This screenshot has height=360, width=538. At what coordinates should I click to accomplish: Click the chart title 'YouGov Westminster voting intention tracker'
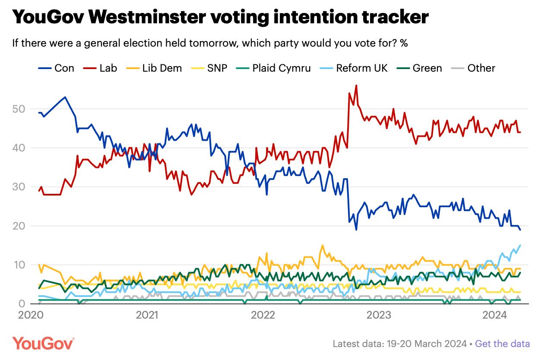[220, 17]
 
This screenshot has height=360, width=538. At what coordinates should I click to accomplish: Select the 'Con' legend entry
[56, 68]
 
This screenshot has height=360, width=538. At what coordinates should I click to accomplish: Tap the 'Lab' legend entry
[100, 68]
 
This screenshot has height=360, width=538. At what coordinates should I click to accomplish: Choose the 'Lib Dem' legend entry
[154, 68]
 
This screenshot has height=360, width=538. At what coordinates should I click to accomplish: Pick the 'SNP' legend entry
[209, 68]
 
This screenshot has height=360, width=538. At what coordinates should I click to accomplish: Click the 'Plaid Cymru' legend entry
[273, 68]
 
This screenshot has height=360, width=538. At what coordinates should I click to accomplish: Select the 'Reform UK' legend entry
[354, 68]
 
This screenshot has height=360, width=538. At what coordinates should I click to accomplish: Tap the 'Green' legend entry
[419, 68]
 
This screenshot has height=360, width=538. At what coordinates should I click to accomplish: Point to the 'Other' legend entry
[473, 68]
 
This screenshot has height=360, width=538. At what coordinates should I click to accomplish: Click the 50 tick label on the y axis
[19, 109]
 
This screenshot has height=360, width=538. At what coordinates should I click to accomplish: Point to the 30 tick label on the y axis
[19, 187]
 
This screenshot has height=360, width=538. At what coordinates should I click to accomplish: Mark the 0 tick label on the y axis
[22, 303]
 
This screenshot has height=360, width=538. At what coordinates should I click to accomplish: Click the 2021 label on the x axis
[147, 315]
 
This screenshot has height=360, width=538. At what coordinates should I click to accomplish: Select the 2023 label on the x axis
[379, 315]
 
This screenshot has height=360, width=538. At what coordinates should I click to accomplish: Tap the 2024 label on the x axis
[495, 315]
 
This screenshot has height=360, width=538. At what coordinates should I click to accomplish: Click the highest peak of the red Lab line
[356, 85]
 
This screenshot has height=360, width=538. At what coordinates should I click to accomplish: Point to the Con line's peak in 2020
[65, 97]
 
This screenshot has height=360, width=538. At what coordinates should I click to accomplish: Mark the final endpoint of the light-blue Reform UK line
[520, 245]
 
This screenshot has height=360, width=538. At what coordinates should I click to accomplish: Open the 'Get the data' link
[502, 344]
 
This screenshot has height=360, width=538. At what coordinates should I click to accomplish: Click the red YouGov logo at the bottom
[43, 344]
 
